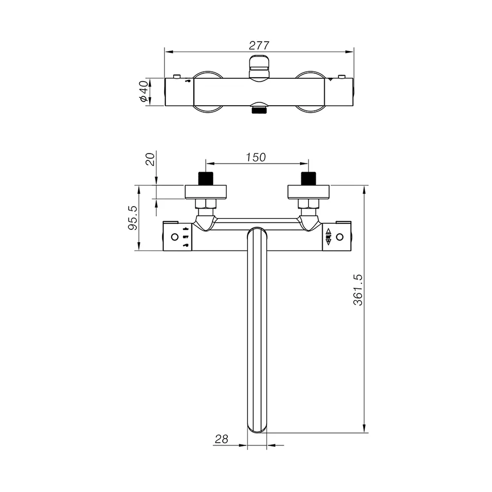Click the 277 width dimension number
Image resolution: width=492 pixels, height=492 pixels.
259,45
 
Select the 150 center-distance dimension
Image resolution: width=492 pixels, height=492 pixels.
256,157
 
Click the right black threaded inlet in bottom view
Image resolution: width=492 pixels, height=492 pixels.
308,179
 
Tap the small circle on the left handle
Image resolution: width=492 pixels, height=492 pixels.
174,237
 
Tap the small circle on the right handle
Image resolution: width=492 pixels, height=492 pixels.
339,237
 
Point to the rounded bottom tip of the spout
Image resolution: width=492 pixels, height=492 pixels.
256,428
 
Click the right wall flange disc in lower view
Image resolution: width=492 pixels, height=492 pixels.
308,191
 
